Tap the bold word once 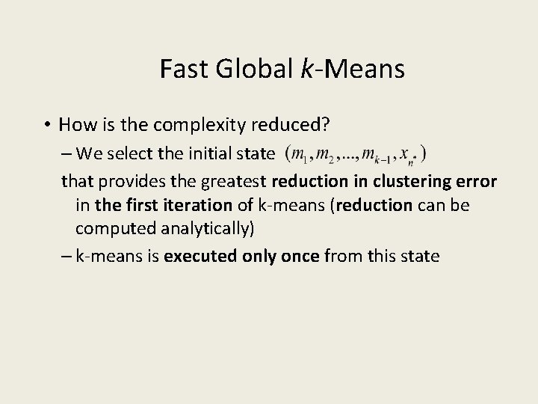(x=299, y=256)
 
